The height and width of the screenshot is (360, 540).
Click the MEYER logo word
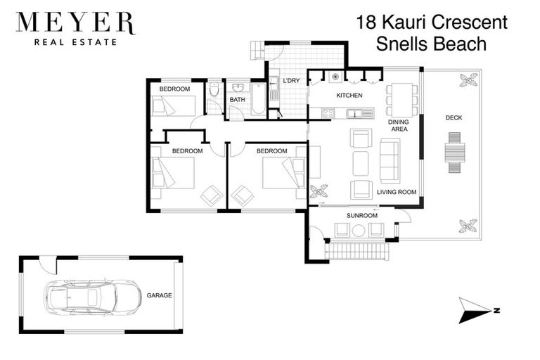[x=75, y=24]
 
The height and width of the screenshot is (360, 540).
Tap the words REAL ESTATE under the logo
[x=75, y=42]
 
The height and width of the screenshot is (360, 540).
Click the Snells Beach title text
[x=432, y=44]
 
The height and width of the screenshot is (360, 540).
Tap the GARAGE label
[x=159, y=296]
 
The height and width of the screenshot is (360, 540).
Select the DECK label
[x=454, y=117]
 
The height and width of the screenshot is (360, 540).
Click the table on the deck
[x=454, y=153]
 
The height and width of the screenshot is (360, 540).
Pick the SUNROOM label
[x=361, y=215]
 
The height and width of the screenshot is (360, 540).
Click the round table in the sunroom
[x=359, y=230]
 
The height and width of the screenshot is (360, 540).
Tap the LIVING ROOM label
[x=397, y=192]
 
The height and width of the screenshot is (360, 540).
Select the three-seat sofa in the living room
[x=390, y=161]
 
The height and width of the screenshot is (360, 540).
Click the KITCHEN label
[x=349, y=96]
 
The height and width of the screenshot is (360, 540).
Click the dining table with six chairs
[x=401, y=101]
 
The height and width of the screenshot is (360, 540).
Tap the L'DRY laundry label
[x=292, y=81]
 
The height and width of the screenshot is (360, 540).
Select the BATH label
[x=238, y=100]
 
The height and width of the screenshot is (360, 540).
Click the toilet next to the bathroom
[x=214, y=91]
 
